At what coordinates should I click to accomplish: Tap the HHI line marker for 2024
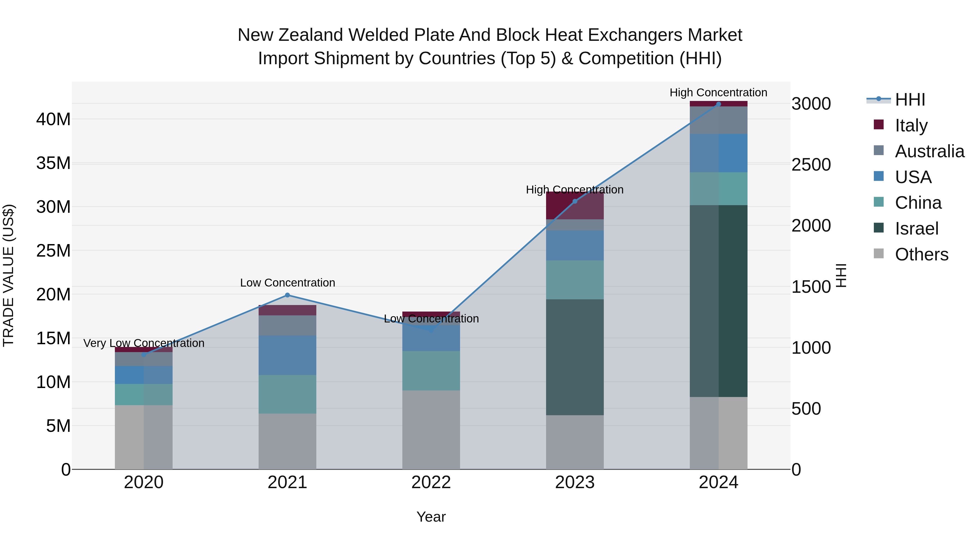coord(718,104)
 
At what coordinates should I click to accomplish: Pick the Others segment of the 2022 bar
coord(431,430)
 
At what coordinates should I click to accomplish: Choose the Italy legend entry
coord(911,125)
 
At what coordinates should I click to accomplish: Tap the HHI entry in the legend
coord(909,100)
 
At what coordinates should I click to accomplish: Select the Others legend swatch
coord(878,254)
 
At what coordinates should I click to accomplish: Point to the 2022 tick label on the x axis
coord(431,482)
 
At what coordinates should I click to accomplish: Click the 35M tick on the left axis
coord(53,163)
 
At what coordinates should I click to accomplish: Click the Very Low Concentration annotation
coord(144,343)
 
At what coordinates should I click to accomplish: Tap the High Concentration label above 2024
coord(718,93)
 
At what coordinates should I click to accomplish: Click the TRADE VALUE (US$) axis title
coord(8,275)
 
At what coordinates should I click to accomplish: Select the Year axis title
coord(431,517)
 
